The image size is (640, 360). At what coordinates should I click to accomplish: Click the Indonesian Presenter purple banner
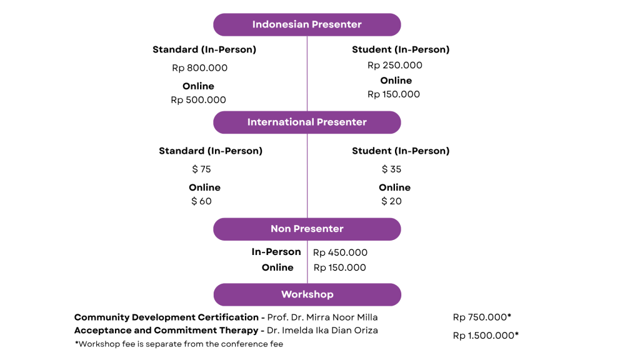[x=307, y=24]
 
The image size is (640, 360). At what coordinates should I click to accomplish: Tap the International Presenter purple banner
[x=307, y=122]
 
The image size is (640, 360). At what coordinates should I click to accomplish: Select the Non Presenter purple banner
[x=307, y=229]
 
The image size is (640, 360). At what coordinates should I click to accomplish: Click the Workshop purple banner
[x=307, y=295]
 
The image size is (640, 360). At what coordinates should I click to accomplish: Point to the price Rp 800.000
[x=199, y=67]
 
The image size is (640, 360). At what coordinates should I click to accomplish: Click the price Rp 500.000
[x=198, y=100]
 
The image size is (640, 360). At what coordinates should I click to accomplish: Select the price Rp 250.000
[x=395, y=65]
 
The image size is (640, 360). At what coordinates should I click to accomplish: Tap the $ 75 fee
[x=201, y=169]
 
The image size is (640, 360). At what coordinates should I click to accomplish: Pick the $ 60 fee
[x=201, y=201]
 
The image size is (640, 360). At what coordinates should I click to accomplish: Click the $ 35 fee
[x=391, y=169]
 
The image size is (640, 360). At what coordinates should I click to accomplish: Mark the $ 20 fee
[x=391, y=201]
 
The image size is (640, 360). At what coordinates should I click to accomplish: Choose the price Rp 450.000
[x=340, y=252]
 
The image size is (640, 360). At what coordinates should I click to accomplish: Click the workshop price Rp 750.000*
[x=482, y=317]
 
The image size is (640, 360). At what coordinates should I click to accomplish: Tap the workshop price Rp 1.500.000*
[x=486, y=336]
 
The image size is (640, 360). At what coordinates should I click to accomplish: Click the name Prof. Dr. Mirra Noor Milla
[x=322, y=317]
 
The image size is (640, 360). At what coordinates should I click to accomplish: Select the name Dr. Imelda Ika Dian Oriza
[x=322, y=330]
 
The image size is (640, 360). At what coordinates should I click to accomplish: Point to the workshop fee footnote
[x=179, y=344]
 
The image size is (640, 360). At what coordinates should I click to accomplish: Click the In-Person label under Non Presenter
[x=276, y=252]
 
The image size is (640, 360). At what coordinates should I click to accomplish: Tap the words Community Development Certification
[x=166, y=317]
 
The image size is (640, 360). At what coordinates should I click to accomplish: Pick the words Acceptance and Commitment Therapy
[x=166, y=330]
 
